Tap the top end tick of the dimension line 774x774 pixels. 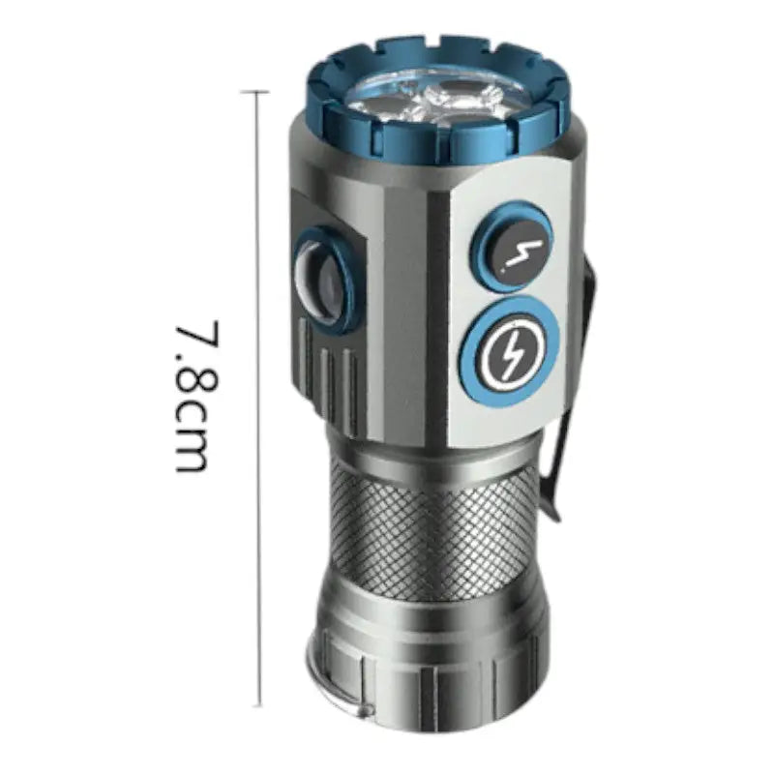pos(255,92)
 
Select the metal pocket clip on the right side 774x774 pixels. pos(575,395)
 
